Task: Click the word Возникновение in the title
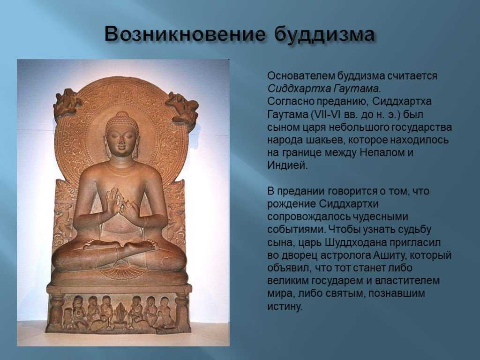184,34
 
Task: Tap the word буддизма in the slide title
324,34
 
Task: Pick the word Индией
287,165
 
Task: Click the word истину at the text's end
285,307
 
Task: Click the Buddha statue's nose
121,141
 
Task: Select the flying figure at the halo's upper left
67,103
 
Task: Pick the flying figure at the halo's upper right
183,108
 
